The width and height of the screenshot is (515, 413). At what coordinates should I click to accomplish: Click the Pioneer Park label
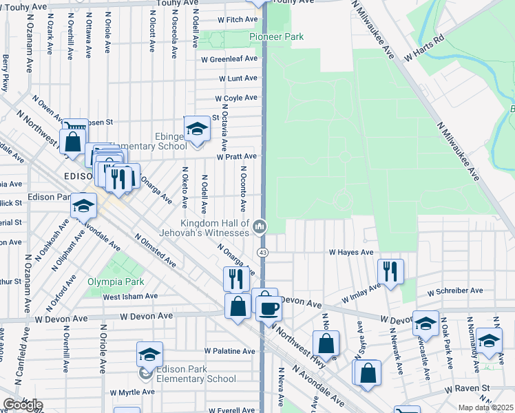(x=276, y=36)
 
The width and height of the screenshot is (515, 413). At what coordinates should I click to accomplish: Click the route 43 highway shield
(x=263, y=252)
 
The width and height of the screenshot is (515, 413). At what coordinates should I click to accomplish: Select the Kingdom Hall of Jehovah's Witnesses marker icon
(x=260, y=226)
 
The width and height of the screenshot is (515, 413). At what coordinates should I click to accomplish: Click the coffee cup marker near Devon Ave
(x=269, y=307)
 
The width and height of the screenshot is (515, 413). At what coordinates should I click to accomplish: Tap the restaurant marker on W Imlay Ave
(x=390, y=271)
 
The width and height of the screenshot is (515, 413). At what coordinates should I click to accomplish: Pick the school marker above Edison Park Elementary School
(x=149, y=354)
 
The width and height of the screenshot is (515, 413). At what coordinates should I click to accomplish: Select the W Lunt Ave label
(x=238, y=78)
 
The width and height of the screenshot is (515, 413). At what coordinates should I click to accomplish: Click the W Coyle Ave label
(x=235, y=98)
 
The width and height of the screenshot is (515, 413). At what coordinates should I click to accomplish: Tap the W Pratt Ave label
(x=236, y=157)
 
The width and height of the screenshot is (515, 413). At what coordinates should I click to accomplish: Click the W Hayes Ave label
(x=350, y=253)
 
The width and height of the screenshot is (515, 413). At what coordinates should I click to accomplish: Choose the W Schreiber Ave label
(x=452, y=292)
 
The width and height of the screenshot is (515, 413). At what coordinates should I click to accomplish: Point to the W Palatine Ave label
(x=229, y=351)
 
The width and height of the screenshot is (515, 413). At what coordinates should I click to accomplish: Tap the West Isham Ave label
(x=130, y=297)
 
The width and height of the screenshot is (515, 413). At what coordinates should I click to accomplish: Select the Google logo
(x=22, y=405)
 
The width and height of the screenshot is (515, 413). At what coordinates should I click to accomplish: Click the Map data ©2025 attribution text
(x=485, y=407)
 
